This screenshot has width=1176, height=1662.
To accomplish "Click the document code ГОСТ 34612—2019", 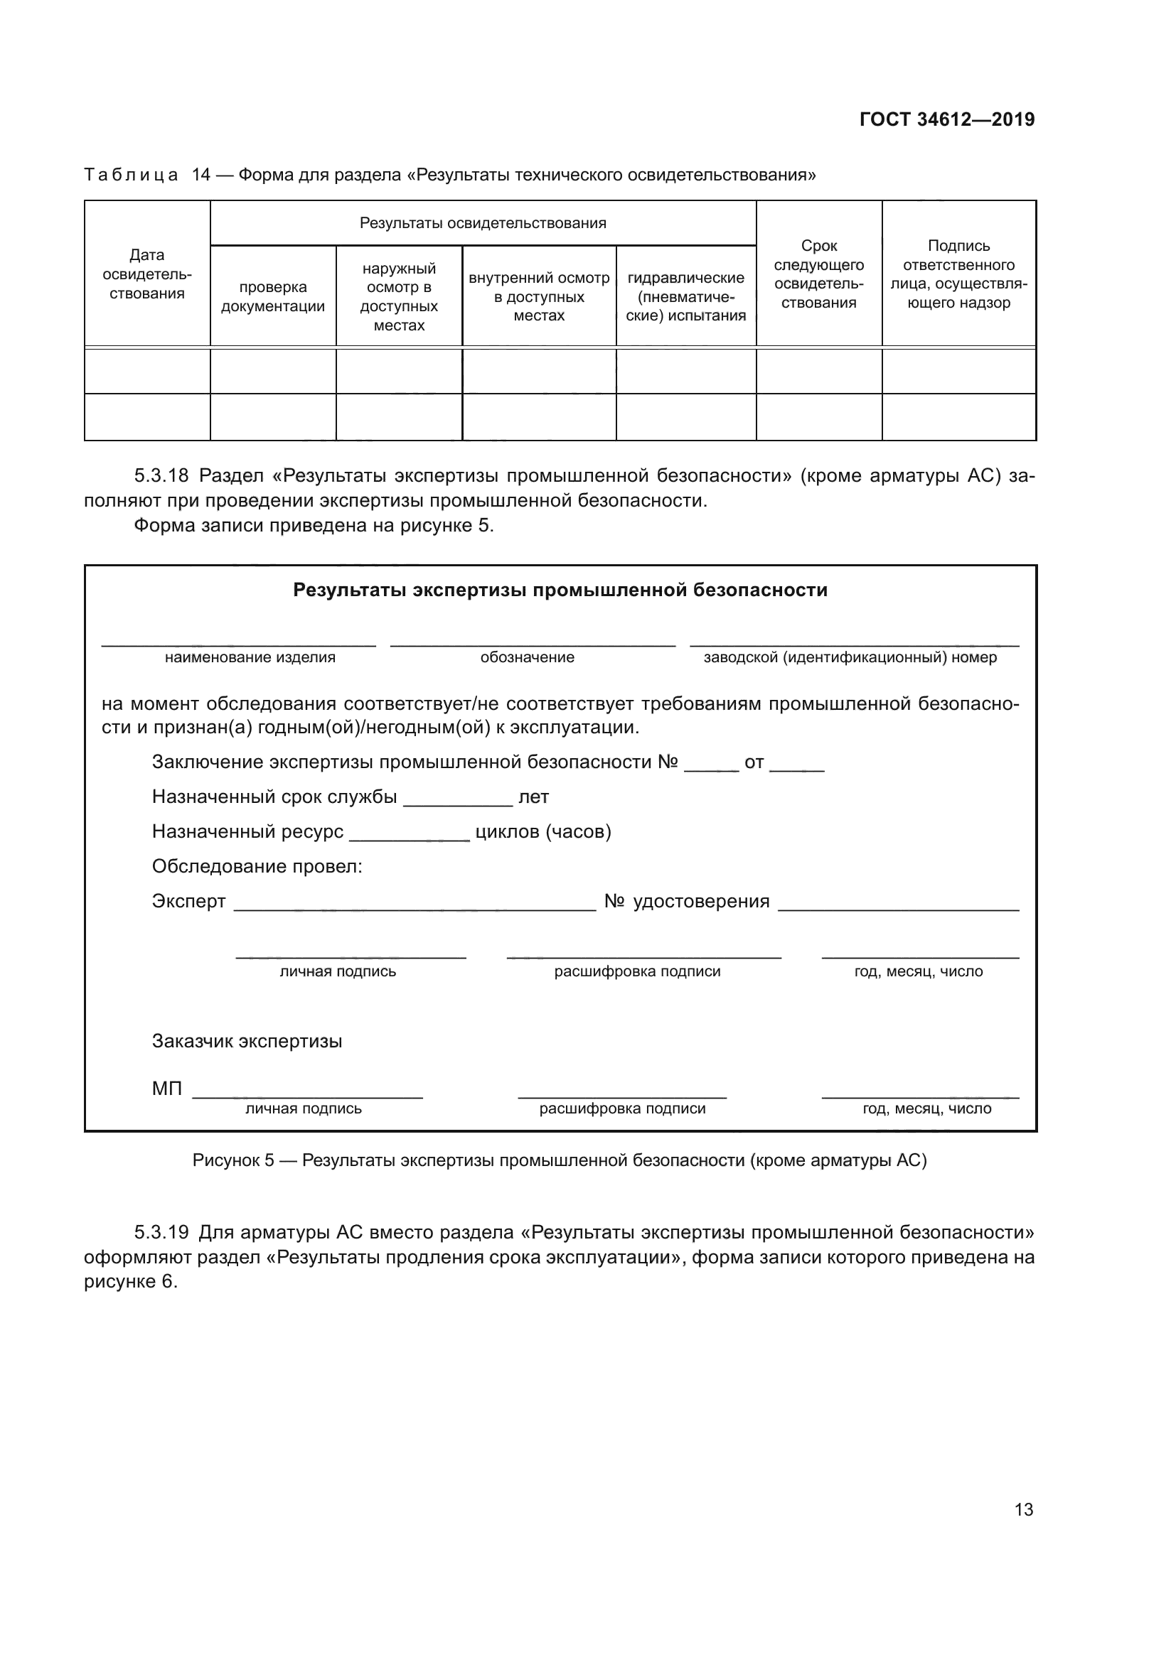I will pos(946,119).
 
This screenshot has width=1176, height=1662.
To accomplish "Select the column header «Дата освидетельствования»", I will pos(147,274).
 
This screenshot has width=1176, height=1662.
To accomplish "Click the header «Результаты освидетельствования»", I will pos(483,223).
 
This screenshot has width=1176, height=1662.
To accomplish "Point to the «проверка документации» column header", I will pos(273,297).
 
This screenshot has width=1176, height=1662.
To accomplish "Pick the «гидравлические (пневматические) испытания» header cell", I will pos(685,297).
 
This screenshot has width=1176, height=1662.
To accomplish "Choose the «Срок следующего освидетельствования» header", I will pos(819,274).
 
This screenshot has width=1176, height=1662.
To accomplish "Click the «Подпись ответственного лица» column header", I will pos(958,274).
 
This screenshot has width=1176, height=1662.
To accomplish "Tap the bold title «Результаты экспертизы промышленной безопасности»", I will pos(560,590).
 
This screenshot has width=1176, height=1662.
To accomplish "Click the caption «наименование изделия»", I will pos(250,657).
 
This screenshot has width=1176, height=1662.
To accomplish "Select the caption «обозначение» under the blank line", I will pos(527,657).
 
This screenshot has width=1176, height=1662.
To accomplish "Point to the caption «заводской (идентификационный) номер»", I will pos(850,657).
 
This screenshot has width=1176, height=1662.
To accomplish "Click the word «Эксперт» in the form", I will pos(188,901).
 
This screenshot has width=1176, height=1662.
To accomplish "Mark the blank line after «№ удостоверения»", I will pos(898,905).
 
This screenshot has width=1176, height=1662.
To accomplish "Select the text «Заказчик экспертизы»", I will pos(247,1041).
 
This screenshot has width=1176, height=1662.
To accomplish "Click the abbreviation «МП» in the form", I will pos(166,1088).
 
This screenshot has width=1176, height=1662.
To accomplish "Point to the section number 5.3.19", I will pos(161,1232).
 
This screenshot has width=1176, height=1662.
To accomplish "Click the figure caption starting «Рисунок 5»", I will pos(560,1160).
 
